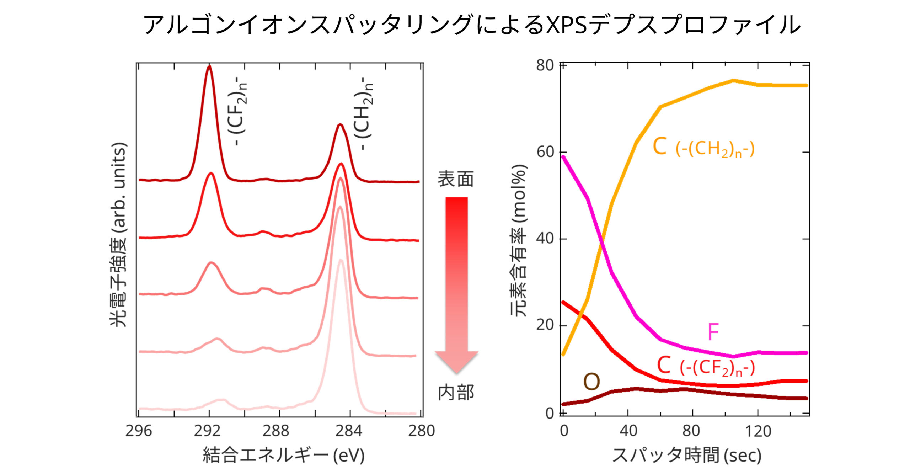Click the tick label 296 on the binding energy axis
pyautogui.click(x=139, y=431)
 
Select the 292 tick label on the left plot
pyautogui.click(x=207, y=431)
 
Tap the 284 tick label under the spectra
pyautogui.click(x=349, y=431)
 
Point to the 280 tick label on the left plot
pyautogui.click(x=422, y=431)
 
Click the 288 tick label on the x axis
pyautogui.click(x=276, y=431)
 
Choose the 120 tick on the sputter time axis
pyautogui.click(x=758, y=431)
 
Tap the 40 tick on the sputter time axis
pyautogui.click(x=628, y=431)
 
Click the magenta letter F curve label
pyautogui.click(x=713, y=332)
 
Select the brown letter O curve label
pyautogui.click(x=591, y=382)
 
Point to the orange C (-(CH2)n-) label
pyautogui.click(x=703, y=147)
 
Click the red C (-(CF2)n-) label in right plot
pyautogui.click(x=706, y=366)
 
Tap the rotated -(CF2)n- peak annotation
pyautogui.click(x=237, y=111)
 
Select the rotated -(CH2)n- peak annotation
pyautogui.click(x=364, y=113)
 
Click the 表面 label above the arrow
pyautogui.click(x=456, y=179)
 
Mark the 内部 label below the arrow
pyautogui.click(x=456, y=393)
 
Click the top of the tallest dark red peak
pyautogui.click(x=209, y=67)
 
